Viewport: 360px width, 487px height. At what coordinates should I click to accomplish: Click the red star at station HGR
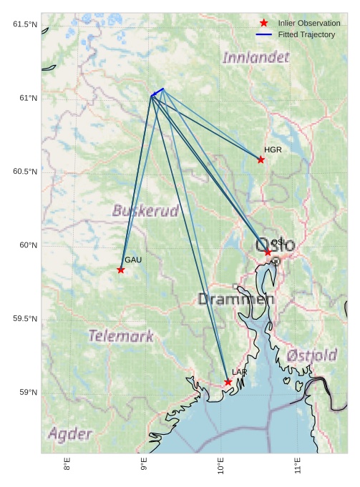click(x=261, y=159)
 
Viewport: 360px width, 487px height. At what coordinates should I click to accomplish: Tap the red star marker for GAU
click(x=121, y=270)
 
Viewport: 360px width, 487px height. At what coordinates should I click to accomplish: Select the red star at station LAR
click(x=228, y=382)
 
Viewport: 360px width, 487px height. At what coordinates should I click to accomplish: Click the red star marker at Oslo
click(x=268, y=252)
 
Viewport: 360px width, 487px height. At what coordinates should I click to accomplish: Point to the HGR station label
click(x=273, y=150)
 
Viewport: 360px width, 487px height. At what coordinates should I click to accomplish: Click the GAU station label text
click(x=133, y=260)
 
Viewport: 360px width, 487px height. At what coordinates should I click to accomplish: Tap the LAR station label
click(x=239, y=373)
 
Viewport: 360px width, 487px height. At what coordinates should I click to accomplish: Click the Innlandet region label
click(x=256, y=57)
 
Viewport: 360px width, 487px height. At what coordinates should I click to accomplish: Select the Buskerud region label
click(x=145, y=211)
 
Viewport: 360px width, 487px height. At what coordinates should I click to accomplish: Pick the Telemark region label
click(x=121, y=335)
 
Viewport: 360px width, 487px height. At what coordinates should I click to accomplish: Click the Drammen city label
click(x=236, y=300)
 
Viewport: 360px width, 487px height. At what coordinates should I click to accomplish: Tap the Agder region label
click(x=70, y=434)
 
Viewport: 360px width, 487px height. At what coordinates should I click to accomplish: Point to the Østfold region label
click(x=311, y=355)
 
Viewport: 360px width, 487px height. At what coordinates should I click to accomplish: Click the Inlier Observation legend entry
click(x=309, y=24)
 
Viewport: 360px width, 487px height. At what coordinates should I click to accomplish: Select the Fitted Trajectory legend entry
click(x=306, y=34)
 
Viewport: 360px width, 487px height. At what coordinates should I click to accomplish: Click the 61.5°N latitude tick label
click(x=25, y=25)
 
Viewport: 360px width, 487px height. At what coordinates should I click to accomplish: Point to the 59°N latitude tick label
click(x=27, y=393)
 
